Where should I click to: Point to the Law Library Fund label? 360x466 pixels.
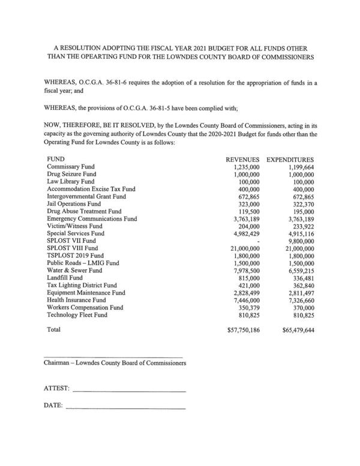(x=70, y=181)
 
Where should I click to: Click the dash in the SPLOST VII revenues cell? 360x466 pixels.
(x=257, y=240)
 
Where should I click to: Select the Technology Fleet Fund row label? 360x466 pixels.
(x=77, y=315)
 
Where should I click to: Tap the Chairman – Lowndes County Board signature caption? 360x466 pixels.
(x=115, y=363)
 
